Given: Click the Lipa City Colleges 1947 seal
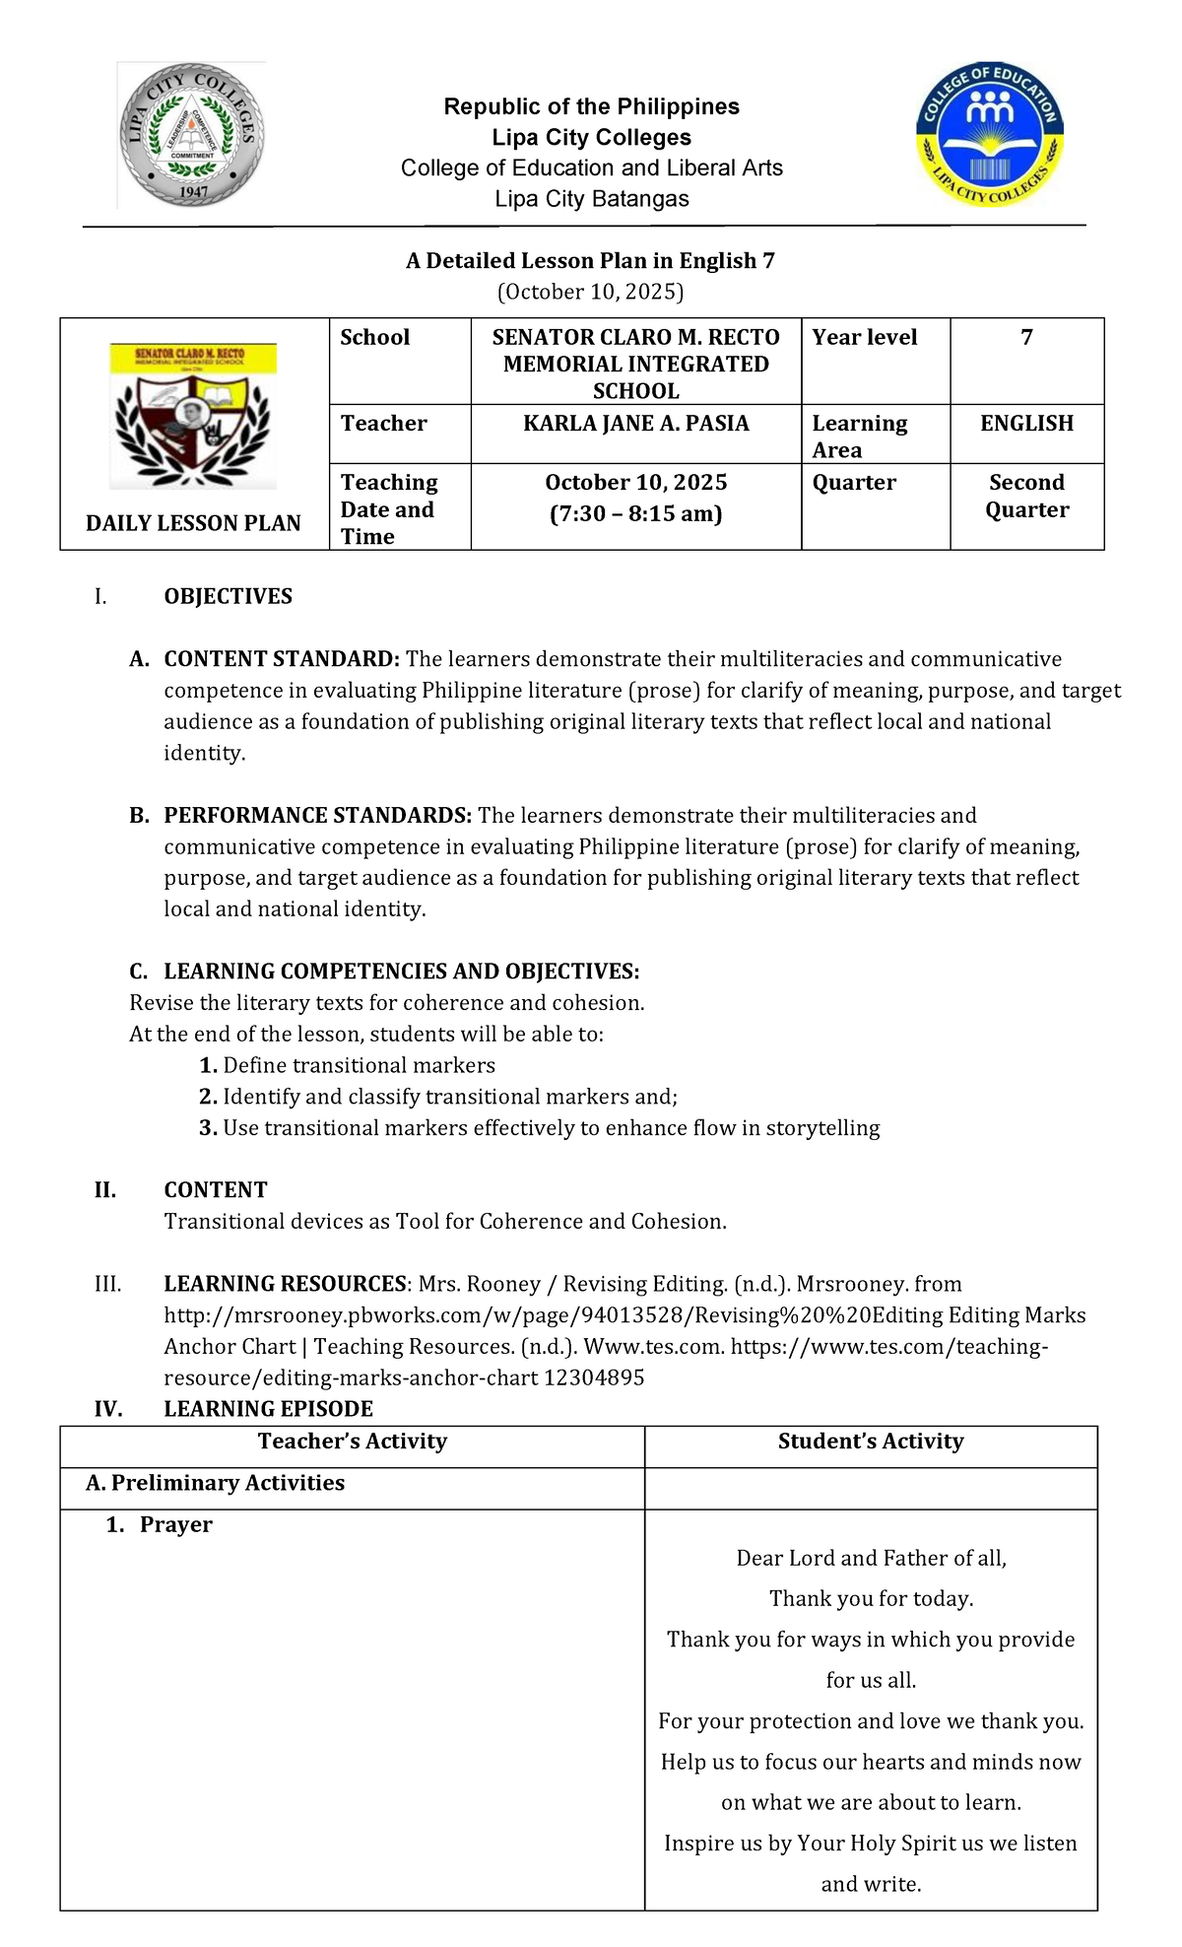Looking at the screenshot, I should pos(192,135).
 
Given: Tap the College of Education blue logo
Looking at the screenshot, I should pos(990,135).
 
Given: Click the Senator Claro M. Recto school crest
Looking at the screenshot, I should pos(193,416).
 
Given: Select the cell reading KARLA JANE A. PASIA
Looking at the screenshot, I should pos(635,424).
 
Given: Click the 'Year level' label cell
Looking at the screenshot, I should pos(864,338).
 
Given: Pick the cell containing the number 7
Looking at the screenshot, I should pos(1026,338).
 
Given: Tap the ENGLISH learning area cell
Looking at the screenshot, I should pos(1026,424).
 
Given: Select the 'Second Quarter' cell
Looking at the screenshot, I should pos(1026,496).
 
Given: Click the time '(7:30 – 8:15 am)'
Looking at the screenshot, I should pos(635,513).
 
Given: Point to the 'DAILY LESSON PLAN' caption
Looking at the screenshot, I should pos(193,523).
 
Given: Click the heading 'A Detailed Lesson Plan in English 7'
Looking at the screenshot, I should pos(590,261).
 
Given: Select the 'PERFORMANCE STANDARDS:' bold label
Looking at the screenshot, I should pos(317,816).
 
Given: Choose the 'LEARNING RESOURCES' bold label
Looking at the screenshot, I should pos(285,1284).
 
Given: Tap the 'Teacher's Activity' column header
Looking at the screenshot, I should pos(352,1442).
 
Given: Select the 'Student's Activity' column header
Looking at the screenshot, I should pos(870,1442).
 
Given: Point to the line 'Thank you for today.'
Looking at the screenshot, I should pos(871,1598).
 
